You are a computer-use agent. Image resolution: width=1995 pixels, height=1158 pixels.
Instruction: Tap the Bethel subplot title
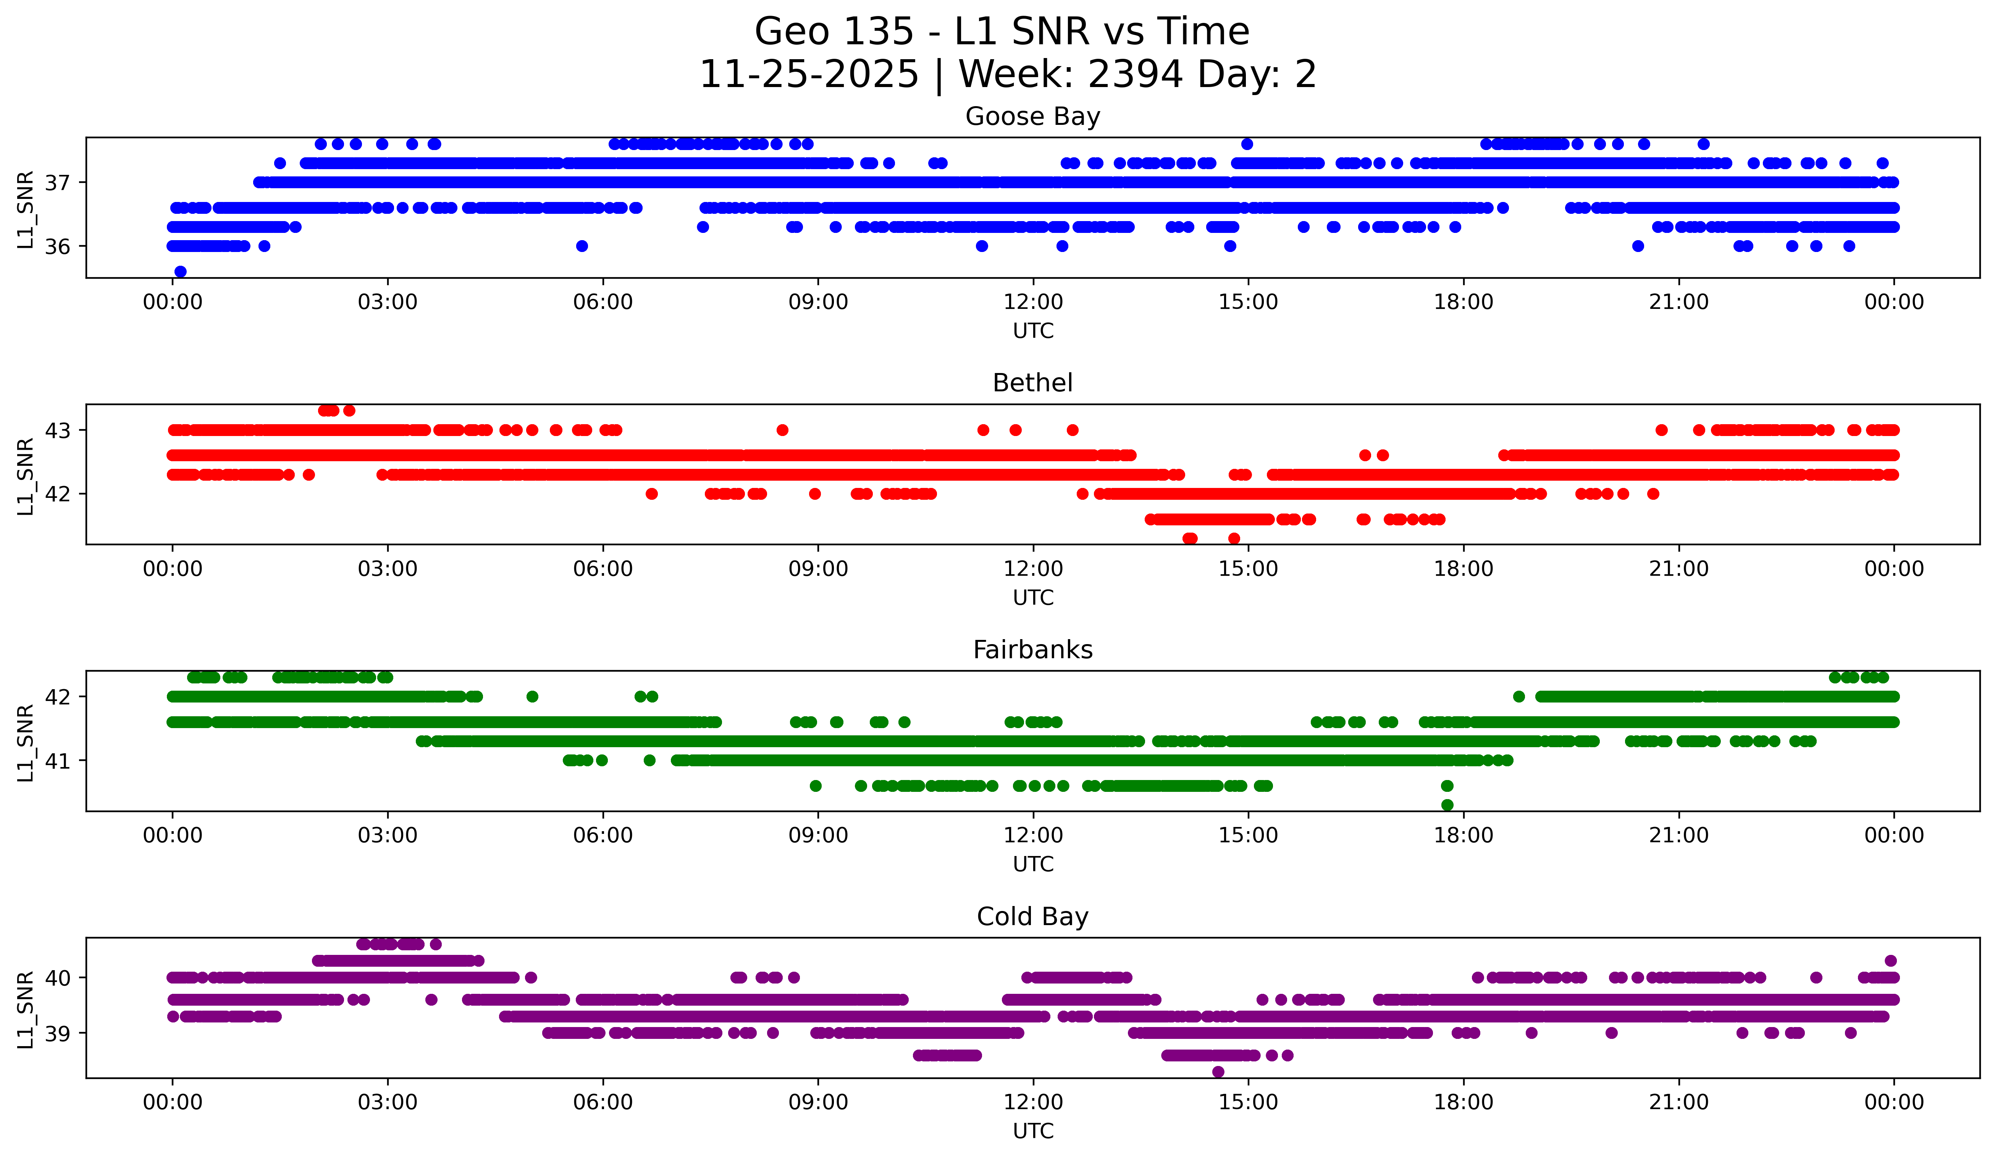point(1032,383)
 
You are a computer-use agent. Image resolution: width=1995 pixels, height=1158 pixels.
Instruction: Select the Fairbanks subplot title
point(1032,650)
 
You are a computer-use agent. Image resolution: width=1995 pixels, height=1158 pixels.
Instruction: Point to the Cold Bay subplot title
point(1032,917)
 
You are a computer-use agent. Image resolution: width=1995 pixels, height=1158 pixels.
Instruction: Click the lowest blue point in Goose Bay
point(181,271)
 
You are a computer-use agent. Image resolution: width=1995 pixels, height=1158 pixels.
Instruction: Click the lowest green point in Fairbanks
point(1447,805)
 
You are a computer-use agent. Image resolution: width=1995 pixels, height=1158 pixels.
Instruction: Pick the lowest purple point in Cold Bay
point(1218,1072)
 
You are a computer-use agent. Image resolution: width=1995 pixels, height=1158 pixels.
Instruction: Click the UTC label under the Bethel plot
point(1033,598)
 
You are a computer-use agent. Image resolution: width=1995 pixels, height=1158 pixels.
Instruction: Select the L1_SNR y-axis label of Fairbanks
point(25,743)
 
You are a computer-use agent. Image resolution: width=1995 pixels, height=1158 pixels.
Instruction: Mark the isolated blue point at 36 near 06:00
point(582,246)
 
